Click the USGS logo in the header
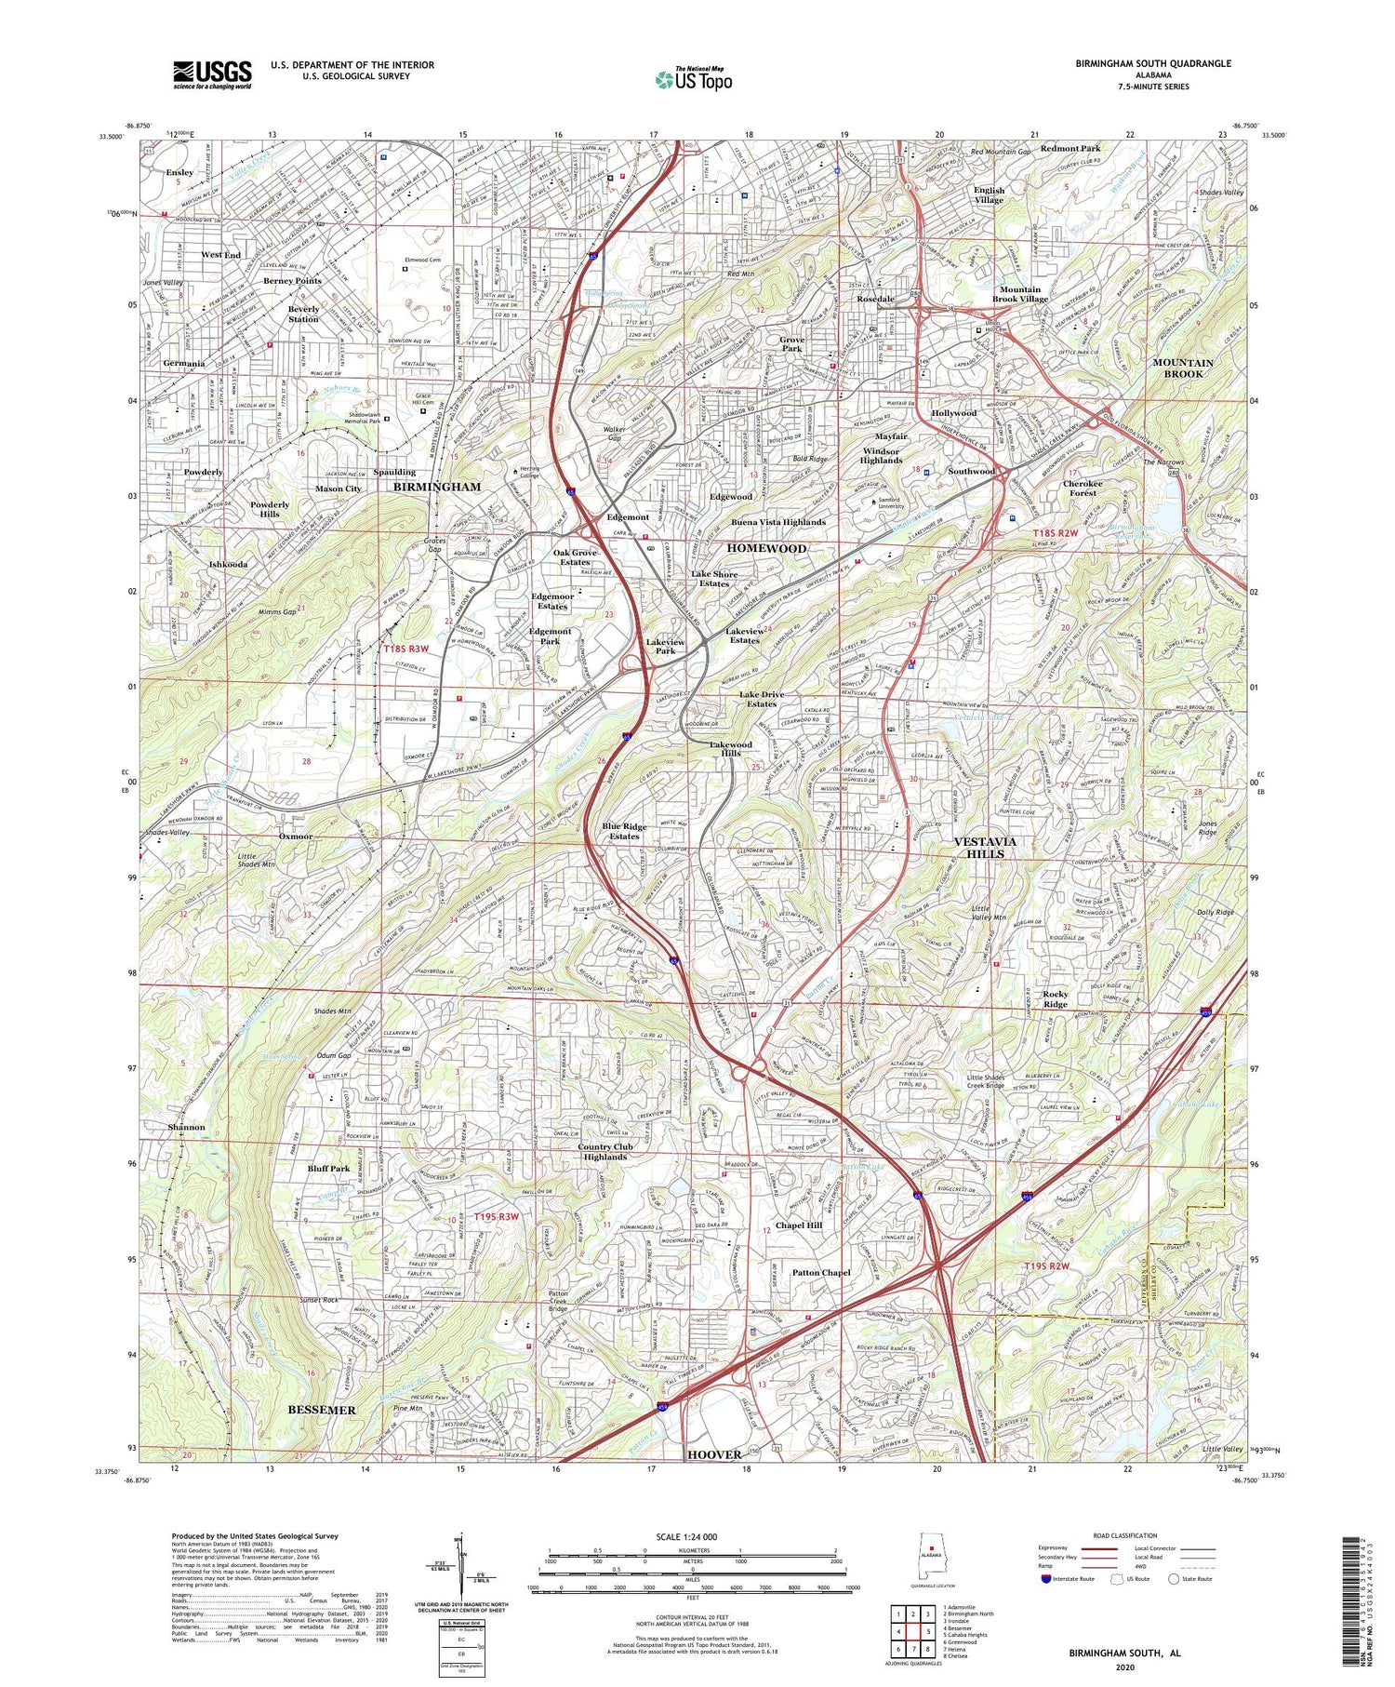click(212, 74)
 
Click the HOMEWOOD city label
click(766, 548)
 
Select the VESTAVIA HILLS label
click(985, 847)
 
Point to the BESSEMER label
click(322, 1410)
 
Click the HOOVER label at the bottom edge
click(714, 1453)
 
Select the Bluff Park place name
click(327, 1168)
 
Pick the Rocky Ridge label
click(1055, 998)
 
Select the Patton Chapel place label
click(821, 1272)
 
